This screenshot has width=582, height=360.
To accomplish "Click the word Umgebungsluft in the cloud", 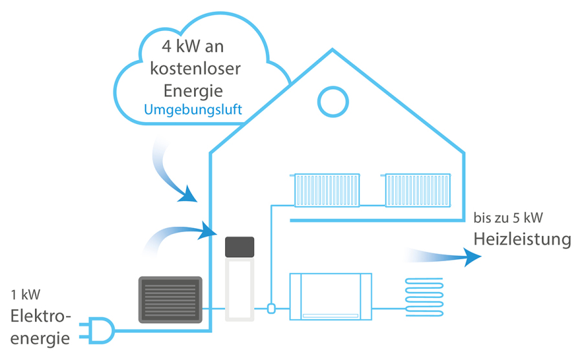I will pos(193,109).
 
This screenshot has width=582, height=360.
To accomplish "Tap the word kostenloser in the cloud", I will pos(193,67).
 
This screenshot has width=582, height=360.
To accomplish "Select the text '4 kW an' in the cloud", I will pos(193,47).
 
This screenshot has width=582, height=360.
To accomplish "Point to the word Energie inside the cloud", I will pos(193,88).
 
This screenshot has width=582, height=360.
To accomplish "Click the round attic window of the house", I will pos(334,101).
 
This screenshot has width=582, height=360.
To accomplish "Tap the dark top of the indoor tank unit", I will pos(239,246).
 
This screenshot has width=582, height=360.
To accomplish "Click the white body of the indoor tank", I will pos(239,287).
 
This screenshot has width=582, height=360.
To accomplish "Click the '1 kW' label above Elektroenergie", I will pos(25,295).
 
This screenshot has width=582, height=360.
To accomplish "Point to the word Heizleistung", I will pos(523,239).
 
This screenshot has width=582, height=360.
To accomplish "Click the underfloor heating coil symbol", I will pos(424,297).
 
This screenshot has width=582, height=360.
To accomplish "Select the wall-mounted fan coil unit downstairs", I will pos(330,296).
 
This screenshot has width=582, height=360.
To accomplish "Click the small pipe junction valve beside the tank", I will pos(272,309).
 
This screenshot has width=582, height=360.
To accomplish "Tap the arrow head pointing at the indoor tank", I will pos(208,229).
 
